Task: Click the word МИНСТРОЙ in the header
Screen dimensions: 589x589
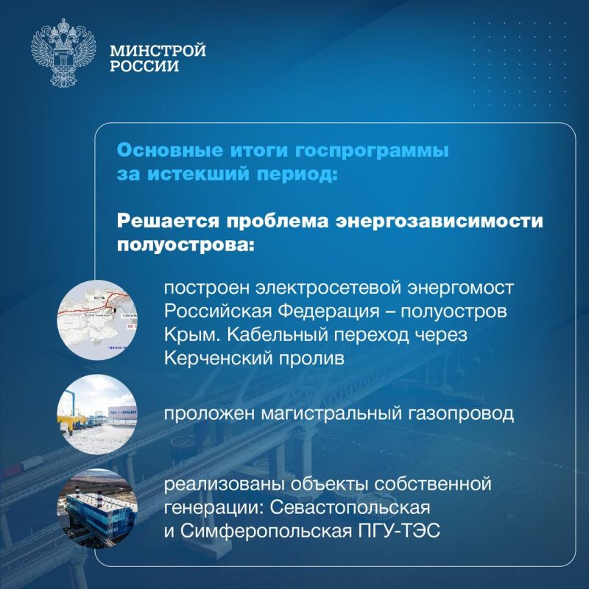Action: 158,51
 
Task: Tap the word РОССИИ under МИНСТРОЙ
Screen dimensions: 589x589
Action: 144,67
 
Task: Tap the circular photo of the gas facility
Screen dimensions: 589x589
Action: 89,412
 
